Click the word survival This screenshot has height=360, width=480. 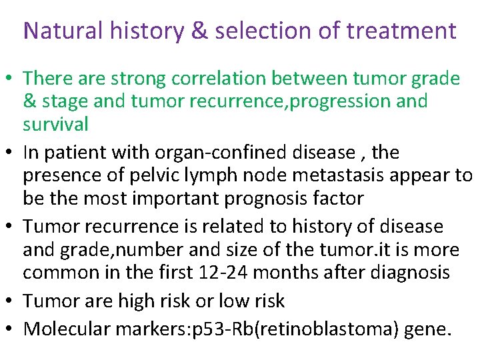point(55,124)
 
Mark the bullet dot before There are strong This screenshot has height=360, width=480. point(12,80)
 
